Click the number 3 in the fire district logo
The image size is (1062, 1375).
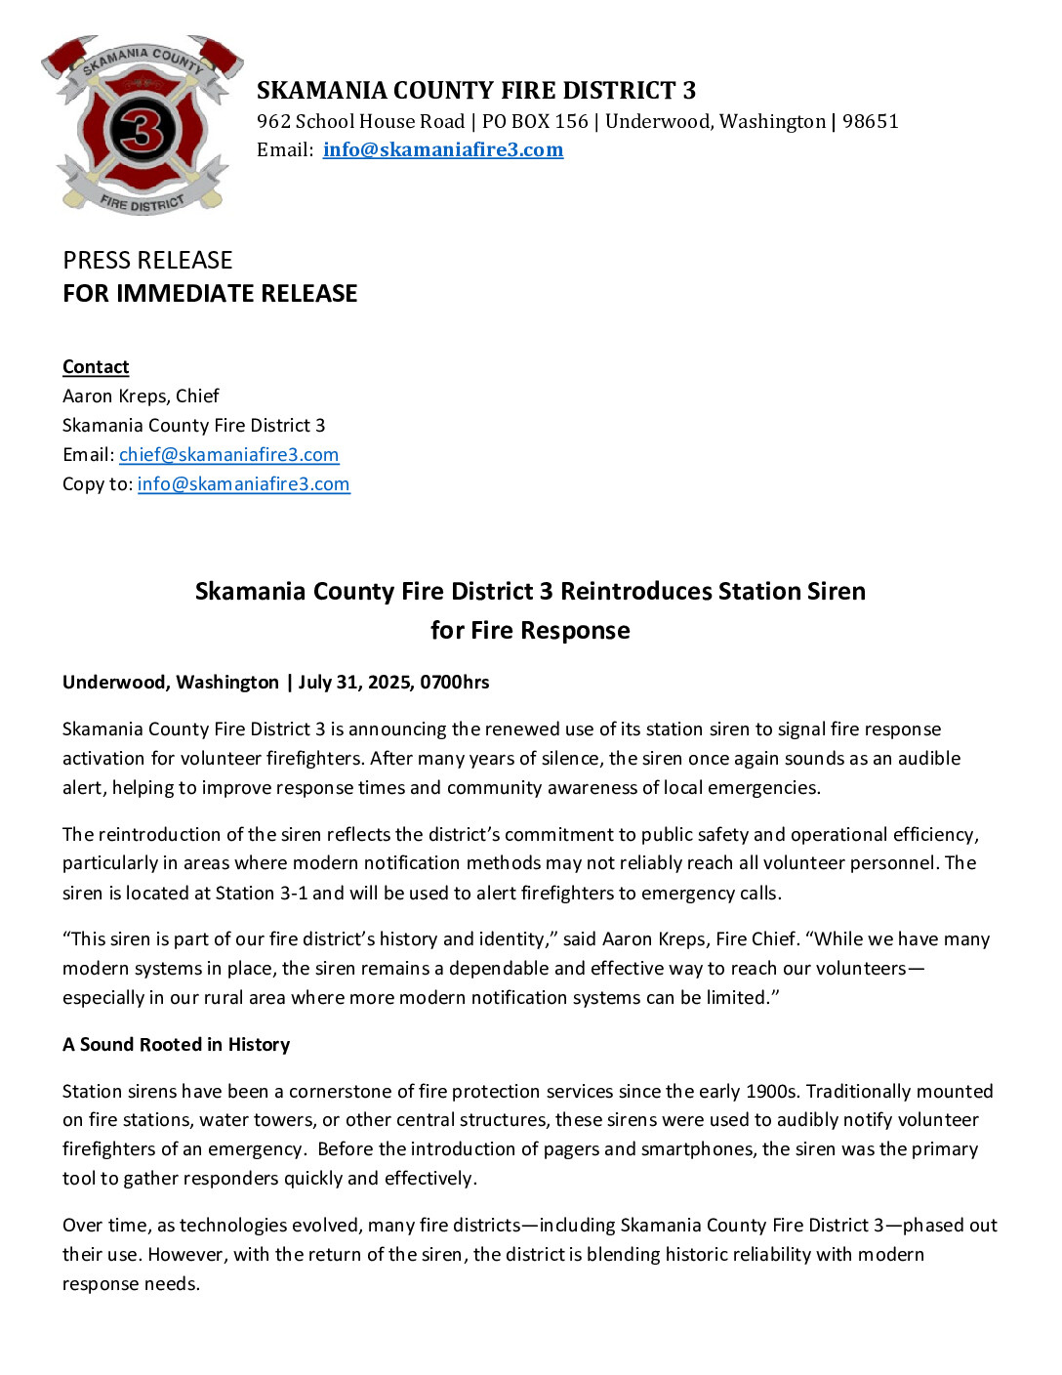142,130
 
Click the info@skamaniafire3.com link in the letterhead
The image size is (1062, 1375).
443,149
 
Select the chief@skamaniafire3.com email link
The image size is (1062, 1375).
228,454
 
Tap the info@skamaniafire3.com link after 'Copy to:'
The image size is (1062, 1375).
243,483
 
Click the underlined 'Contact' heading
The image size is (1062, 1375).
96,366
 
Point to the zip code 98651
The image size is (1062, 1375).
870,121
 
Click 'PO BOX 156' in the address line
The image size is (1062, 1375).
535,121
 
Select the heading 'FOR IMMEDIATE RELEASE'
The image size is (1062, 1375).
210,293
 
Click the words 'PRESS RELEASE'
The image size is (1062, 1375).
147,260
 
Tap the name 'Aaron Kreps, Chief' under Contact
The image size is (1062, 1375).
141,396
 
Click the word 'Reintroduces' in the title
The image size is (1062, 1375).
635,591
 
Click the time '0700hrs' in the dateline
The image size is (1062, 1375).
455,682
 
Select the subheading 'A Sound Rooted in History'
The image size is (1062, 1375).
176,1044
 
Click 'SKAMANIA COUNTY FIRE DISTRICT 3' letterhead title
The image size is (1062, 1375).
476,91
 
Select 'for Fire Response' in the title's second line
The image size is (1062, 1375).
530,630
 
